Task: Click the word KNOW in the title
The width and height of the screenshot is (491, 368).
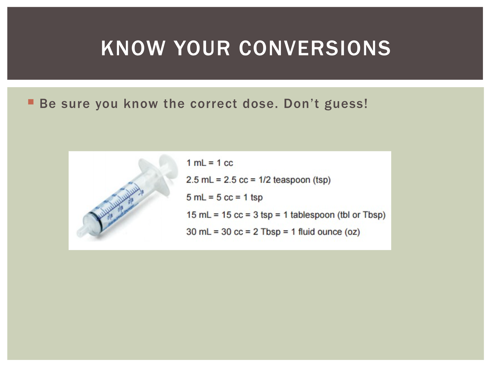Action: [x=133, y=48]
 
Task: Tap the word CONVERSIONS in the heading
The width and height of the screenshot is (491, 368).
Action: [x=315, y=48]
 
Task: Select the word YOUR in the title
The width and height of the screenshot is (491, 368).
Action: [x=202, y=48]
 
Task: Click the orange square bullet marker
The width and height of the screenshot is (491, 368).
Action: [x=31, y=102]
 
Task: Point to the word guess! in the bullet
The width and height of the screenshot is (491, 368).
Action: [x=346, y=104]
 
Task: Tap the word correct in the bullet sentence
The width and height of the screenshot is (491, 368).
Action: [x=213, y=104]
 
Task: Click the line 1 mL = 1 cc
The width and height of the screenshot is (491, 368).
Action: [x=209, y=163]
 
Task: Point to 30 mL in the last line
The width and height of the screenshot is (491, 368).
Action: [x=199, y=232]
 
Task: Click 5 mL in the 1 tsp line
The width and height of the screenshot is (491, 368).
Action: [x=196, y=197]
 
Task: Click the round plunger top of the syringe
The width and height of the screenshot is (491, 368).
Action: [x=169, y=166]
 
